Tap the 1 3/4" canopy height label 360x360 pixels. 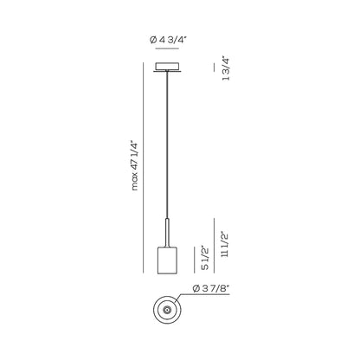[x=226, y=68]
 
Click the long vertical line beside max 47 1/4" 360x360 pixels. [x=144, y=167]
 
